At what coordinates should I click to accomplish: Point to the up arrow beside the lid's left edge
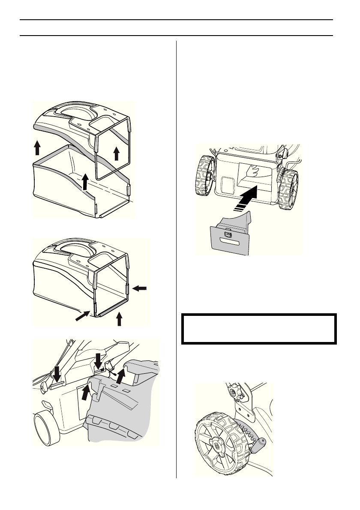[x=37, y=148]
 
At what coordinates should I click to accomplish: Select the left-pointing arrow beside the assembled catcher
[x=140, y=289]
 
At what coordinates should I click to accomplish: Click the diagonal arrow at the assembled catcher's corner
[x=83, y=318]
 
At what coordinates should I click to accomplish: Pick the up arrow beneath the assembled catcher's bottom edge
[x=120, y=318]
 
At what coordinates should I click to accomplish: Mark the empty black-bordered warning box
[x=258, y=329]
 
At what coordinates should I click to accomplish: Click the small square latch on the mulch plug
[x=228, y=234]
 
